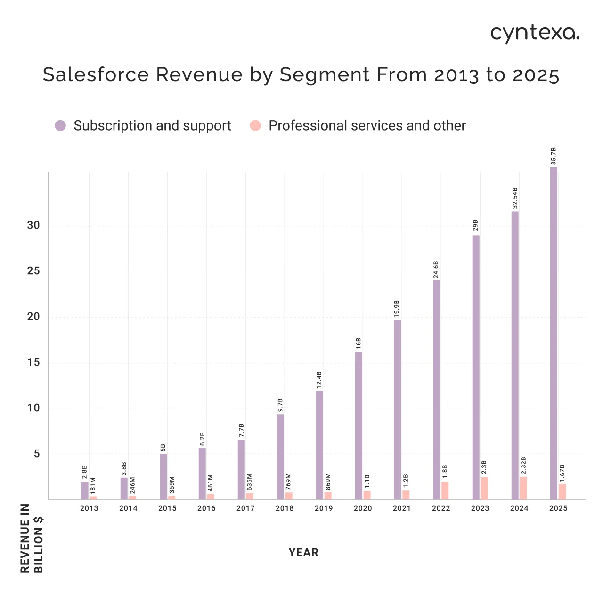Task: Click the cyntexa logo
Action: (x=535, y=33)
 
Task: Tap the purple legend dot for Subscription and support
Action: (x=60, y=125)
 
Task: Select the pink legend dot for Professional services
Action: (x=255, y=125)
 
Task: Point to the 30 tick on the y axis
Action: (x=33, y=225)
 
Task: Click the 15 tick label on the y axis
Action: (x=33, y=362)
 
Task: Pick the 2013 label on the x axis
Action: (x=89, y=508)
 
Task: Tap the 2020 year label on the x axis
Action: (x=363, y=508)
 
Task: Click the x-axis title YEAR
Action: (x=303, y=552)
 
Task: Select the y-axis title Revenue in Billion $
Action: (x=32, y=538)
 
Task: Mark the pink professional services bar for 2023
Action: (x=484, y=488)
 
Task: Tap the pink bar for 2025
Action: (x=562, y=491)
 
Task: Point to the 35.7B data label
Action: (x=554, y=156)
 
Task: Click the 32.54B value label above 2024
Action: (x=515, y=198)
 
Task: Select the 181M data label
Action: (x=93, y=486)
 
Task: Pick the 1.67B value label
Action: (x=562, y=473)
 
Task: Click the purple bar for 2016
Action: (x=202, y=473)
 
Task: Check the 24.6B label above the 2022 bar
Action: (x=436, y=270)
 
